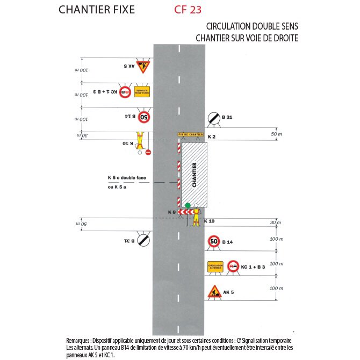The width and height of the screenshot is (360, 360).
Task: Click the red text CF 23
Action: pos(188,10)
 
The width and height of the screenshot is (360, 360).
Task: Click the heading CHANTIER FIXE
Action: pos(97,10)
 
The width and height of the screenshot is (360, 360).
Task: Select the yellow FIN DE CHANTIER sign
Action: pos(190,135)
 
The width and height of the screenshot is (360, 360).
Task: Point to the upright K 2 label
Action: pos(211,137)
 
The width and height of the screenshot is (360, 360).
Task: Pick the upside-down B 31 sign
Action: pos(143,240)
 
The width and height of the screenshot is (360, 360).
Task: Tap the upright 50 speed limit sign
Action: pos(214,242)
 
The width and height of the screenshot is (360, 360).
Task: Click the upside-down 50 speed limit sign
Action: pos(144,116)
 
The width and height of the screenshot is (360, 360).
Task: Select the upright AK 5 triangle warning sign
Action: pos(214,293)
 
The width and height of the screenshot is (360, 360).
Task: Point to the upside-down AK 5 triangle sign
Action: pos(143,67)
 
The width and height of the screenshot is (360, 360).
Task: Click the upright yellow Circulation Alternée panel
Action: pos(215,267)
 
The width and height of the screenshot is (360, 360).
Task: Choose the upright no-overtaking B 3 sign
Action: pos(233,267)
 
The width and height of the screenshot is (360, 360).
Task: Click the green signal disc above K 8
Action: pos(188,205)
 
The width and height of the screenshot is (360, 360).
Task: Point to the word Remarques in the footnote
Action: pos(78,340)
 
